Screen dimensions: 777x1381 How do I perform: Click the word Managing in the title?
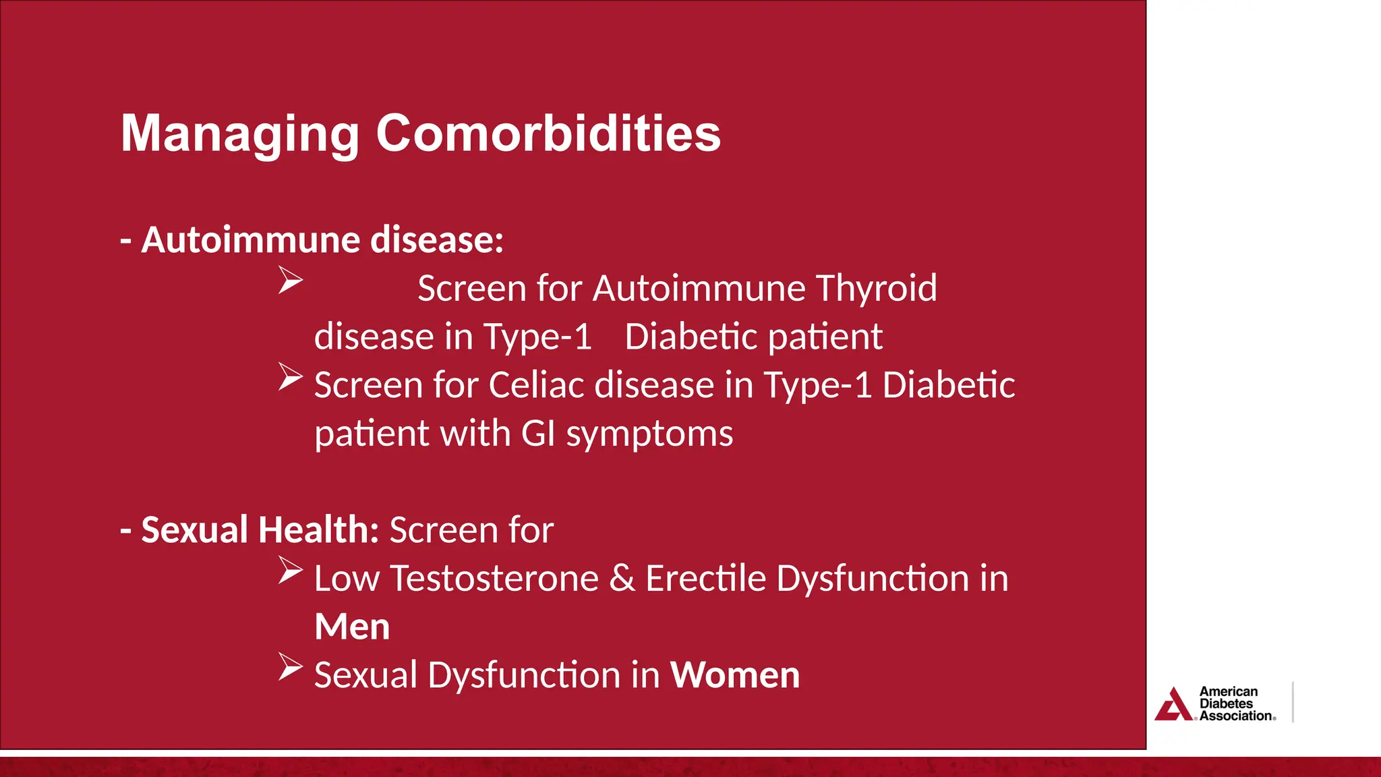[x=239, y=134]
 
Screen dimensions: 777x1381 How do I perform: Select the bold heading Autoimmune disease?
[x=322, y=240]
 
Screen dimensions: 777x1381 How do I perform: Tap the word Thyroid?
[x=876, y=289]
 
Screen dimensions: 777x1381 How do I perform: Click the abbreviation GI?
[x=538, y=434]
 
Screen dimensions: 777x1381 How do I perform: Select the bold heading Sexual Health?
[x=260, y=530]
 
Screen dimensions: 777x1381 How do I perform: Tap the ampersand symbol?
[x=622, y=579]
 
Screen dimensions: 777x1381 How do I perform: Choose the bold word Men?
[x=352, y=627]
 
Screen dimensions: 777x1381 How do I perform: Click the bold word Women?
[x=735, y=675]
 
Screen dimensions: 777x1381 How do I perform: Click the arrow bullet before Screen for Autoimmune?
[x=291, y=280]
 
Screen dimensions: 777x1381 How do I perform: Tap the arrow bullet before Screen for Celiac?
[x=291, y=377]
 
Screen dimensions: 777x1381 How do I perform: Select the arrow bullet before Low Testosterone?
[x=291, y=571]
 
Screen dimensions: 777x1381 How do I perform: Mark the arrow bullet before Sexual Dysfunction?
[x=291, y=667]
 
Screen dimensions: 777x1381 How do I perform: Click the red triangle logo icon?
[x=1174, y=705]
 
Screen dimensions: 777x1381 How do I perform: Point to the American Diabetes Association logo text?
[x=1236, y=704]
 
